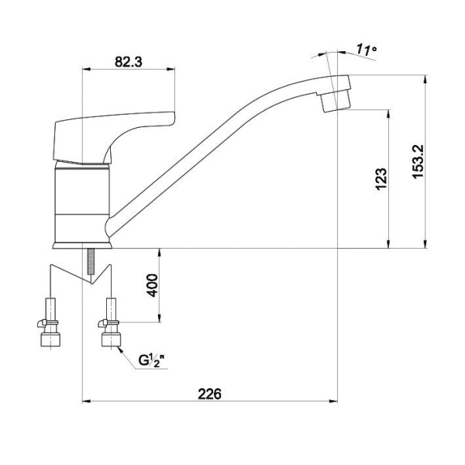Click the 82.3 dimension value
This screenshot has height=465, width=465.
(x=129, y=62)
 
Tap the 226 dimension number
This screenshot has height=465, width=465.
(x=210, y=394)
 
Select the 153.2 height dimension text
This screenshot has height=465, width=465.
(x=418, y=162)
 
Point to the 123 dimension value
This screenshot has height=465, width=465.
(x=381, y=178)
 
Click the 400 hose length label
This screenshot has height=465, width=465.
(x=153, y=285)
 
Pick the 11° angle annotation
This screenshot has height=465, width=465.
(x=366, y=50)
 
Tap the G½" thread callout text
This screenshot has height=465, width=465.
(x=151, y=360)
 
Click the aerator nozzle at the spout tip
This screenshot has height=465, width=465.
(x=336, y=102)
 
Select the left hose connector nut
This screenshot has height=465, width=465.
(x=50, y=339)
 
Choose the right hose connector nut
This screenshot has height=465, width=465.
(x=111, y=339)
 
